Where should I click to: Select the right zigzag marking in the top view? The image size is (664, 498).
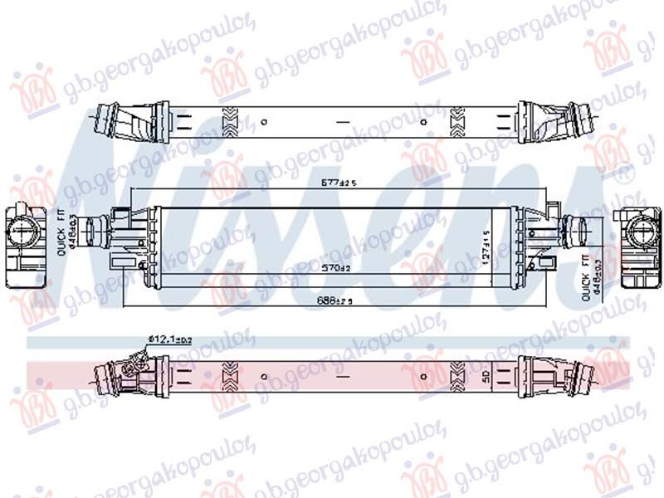click(x=456, y=122)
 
